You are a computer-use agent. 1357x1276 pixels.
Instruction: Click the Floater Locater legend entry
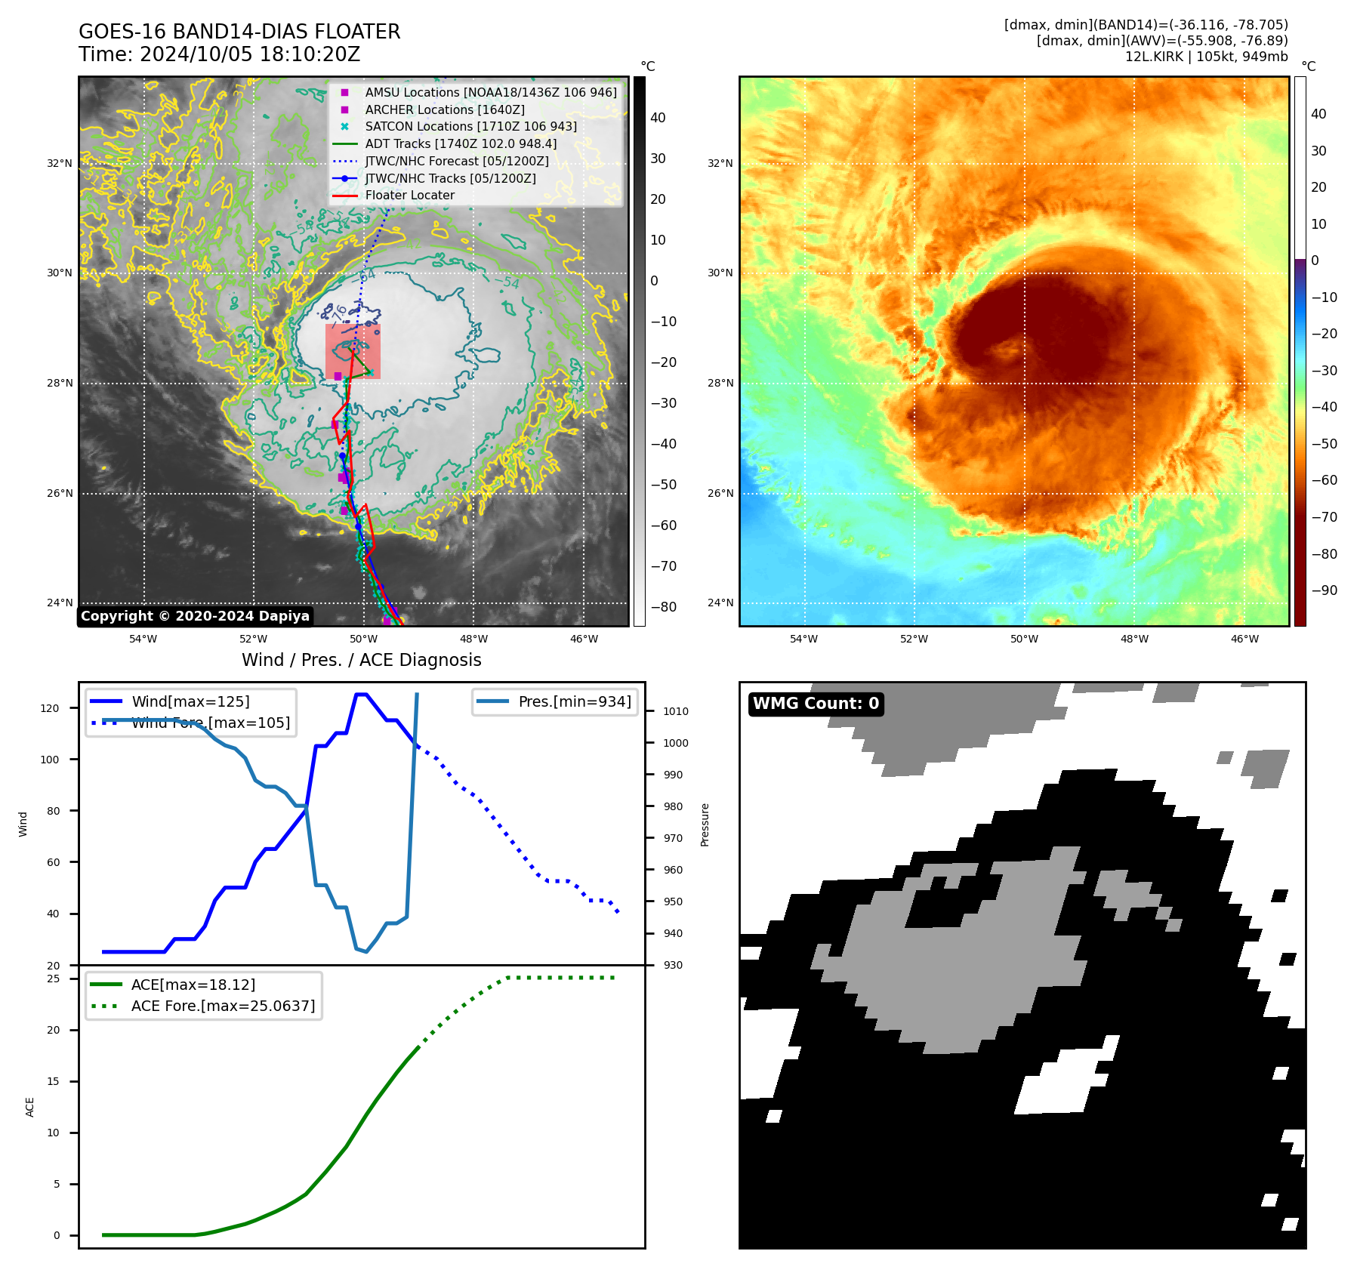[409, 196]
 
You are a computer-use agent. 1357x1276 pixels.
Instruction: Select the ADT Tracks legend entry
[461, 144]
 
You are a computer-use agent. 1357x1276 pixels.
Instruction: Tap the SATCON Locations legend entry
[470, 127]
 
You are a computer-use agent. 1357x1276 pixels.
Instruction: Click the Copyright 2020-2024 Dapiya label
[195, 616]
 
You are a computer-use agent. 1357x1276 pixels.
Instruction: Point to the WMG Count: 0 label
[816, 704]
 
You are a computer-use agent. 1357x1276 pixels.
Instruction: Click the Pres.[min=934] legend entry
[574, 702]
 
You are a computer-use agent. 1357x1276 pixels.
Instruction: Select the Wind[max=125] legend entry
[190, 702]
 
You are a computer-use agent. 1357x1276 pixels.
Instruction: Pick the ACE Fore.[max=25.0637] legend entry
[223, 1006]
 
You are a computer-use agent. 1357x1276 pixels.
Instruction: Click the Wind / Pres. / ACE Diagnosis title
[361, 661]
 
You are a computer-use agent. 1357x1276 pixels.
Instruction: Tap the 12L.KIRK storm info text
[1206, 57]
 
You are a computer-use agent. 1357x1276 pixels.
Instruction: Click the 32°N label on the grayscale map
[60, 163]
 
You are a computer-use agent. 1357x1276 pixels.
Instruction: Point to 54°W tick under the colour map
[803, 640]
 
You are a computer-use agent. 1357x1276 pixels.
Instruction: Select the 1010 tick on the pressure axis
[676, 711]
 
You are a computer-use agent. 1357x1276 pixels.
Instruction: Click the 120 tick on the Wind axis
[50, 708]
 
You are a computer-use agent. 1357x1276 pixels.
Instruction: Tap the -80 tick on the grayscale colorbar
[664, 607]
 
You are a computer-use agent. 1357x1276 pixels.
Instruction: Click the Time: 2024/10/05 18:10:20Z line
[219, 55]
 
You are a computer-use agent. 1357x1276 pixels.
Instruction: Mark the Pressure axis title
[705, 824]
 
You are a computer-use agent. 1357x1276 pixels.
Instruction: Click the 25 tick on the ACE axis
[54, 979]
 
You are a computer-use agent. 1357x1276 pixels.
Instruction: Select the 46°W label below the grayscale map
[584, 640]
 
